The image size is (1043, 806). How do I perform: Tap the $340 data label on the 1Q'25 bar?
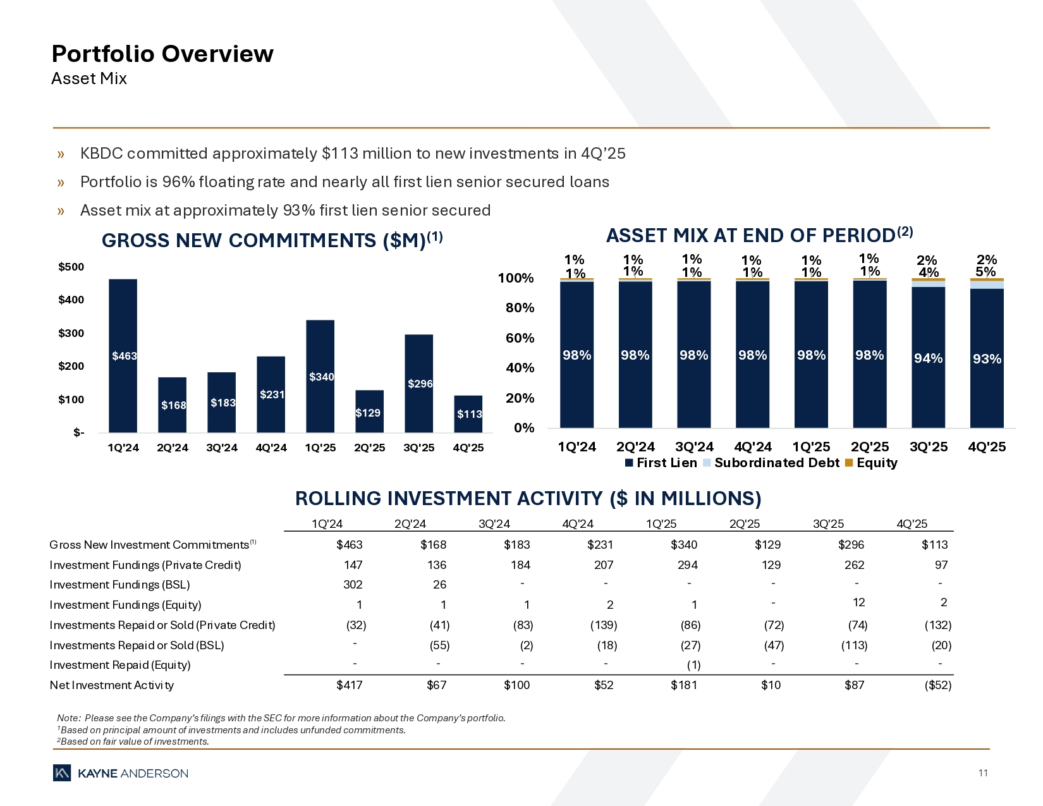click(x=321, y=377)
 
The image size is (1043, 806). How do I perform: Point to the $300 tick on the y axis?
click(x=71, y=333)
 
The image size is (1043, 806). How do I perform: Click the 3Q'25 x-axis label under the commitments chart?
click(x=418, y=448)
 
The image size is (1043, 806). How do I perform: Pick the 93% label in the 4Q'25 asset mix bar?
click(x=987, y=359)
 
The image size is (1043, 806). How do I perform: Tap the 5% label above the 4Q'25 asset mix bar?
click(x=985, y=272)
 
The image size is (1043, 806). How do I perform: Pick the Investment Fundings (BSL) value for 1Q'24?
click(x=352, y=585)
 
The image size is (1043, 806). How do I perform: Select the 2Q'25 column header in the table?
click(x=745, y=523)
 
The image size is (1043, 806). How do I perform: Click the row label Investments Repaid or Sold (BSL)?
click(x=137, y=645)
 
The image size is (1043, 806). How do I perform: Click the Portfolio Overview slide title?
click(x=162, y=54)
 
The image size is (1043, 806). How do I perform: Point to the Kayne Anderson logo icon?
click(x=62, y=773)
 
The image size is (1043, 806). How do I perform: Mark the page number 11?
click(x=983, y=773)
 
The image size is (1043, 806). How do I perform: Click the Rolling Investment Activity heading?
click(x=528, y=499)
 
